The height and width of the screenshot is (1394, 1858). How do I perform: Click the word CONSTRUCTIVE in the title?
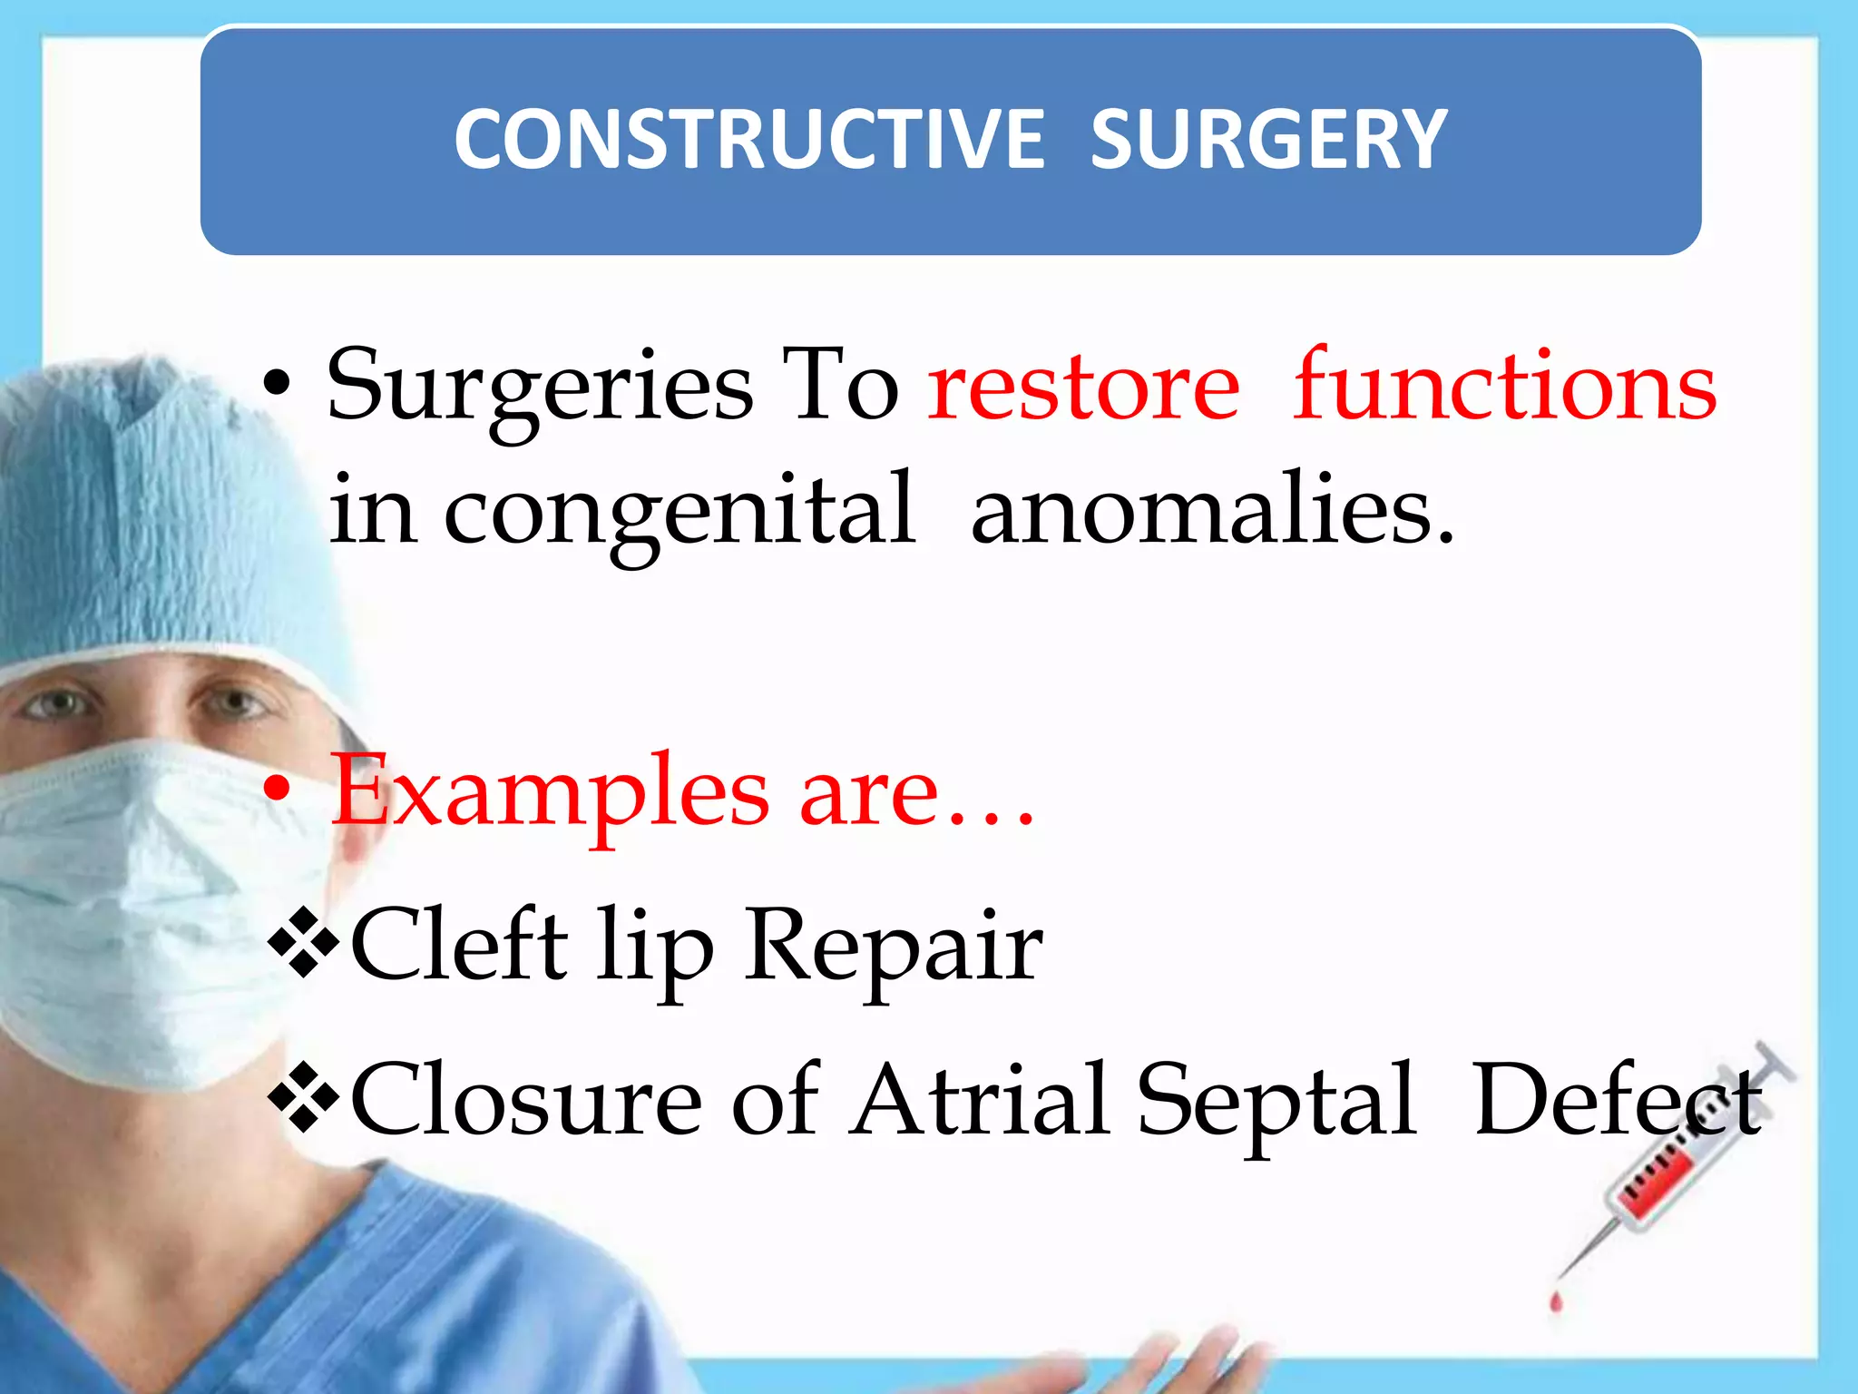pyautogui.click(x=749, y=139)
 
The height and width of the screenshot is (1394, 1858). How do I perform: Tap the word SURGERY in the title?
pyautogui.click(x=1267, y=139)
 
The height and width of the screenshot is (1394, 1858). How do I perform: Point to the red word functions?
pyautogui.click(x=1504, y=386)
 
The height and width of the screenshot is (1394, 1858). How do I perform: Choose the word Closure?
pyautogui.click(x=526, y=1100)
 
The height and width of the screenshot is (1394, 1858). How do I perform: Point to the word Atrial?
pyautogui.click(x=980, y=1100)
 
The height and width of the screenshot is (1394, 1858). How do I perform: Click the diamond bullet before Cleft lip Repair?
pyautogui.click(x=303, y=947)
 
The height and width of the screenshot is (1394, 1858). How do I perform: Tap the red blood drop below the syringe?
pyautogui.click(x=1557, y=1303)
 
